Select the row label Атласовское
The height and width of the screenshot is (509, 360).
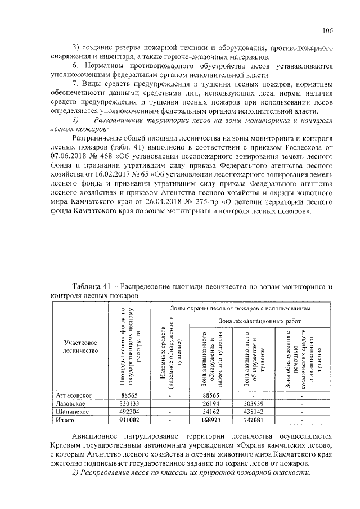[x=72, y=395]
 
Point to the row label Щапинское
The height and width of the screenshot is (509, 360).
[x=71, y=411]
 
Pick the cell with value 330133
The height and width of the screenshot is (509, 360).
[x=130, y=403]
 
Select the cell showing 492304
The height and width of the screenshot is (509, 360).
[x=130, y=411]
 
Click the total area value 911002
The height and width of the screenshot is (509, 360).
[x=130, y=419]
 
